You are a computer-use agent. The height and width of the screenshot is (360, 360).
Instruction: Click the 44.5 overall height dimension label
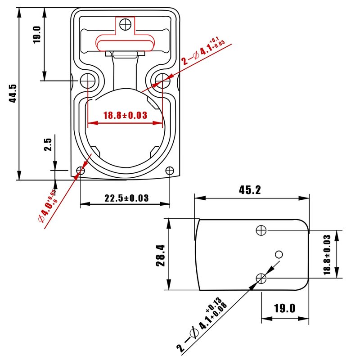[x=13, y=93]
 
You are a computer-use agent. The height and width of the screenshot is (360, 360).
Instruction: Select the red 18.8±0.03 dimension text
[x=125, y=115]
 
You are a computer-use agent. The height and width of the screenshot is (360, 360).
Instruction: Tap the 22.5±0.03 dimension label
[x=126, y=198]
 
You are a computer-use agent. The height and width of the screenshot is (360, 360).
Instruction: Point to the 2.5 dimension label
[x=48, y=144]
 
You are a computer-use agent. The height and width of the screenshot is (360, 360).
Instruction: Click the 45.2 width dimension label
[x=250, y=190]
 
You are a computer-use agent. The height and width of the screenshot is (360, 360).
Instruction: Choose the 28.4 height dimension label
[x=161, y=256]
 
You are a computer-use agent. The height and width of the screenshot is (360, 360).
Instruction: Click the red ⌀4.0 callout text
[x=48, y=206]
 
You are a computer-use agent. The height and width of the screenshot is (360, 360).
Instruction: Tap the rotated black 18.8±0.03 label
[x=327, y=255]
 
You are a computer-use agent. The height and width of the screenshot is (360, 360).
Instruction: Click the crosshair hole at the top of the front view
[x=126, y=24]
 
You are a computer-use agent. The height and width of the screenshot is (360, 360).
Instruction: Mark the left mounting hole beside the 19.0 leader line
[x=88, y=81]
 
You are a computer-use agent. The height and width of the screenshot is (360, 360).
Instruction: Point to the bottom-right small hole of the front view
[x=170, y=171]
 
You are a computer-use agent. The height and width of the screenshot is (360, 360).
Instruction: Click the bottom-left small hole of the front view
[x=81, y=171]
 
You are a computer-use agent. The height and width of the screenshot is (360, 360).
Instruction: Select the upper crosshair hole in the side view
[x=261, y=230]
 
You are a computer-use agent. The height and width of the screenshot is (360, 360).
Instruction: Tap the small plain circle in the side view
[x=279, y=254]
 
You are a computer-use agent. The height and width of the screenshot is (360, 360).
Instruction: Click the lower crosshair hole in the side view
[x=261, y=279]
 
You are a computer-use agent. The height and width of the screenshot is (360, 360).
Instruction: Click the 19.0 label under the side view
[x=285, y=308]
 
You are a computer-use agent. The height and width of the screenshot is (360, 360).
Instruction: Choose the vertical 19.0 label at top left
[x=37, y=35]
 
